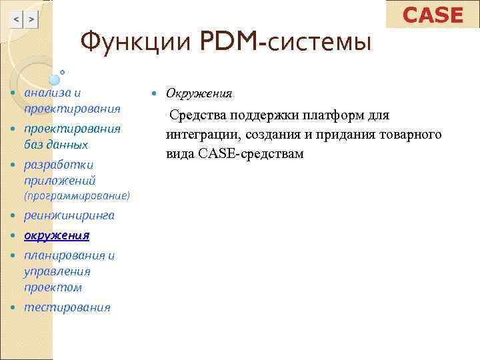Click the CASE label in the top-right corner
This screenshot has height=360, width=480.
click(x=433, y=15)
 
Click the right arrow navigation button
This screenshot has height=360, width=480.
click(x=31, y=21)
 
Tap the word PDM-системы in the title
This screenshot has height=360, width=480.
click(x=285, y=43)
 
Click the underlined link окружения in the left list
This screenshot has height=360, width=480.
click(x=57, y=235)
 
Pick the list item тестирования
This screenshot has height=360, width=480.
click(x=67, y=307)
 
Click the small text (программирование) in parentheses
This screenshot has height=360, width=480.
click(x=77, y=197)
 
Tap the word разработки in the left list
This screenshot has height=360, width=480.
click(x=59, y=165)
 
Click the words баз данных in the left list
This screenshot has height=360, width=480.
click(x=56, y=145)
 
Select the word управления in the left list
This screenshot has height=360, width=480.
click(x=57, y=271)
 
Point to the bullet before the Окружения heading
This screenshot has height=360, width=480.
click(x=155, y=93)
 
